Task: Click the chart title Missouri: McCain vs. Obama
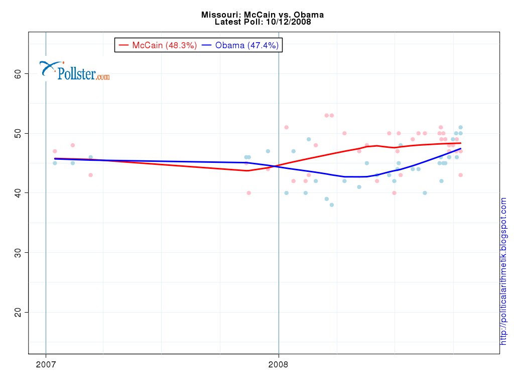click(x=263, y=15)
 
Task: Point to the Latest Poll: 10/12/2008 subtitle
click(x=263, y=22)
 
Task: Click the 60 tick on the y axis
click(x=18, y=73)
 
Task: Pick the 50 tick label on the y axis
click(x=18, y=133)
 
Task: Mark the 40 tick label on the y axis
click(x=18, y=192)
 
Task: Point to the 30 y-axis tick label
click(x=18, y=252)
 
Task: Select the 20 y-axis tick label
click(x=18, y=312)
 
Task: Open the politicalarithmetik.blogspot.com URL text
click(x=503, y=271)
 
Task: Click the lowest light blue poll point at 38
click(x=332, y=205)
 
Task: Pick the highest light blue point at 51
click(x=460, y=127)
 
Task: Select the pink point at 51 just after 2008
click(x=287, y=127)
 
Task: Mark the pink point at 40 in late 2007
click(x=248, y=192)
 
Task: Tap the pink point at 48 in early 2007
click(x=73, y=145)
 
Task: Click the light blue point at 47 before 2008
click(x=268, y=151)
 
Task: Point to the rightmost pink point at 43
click(x=460, y=175)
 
